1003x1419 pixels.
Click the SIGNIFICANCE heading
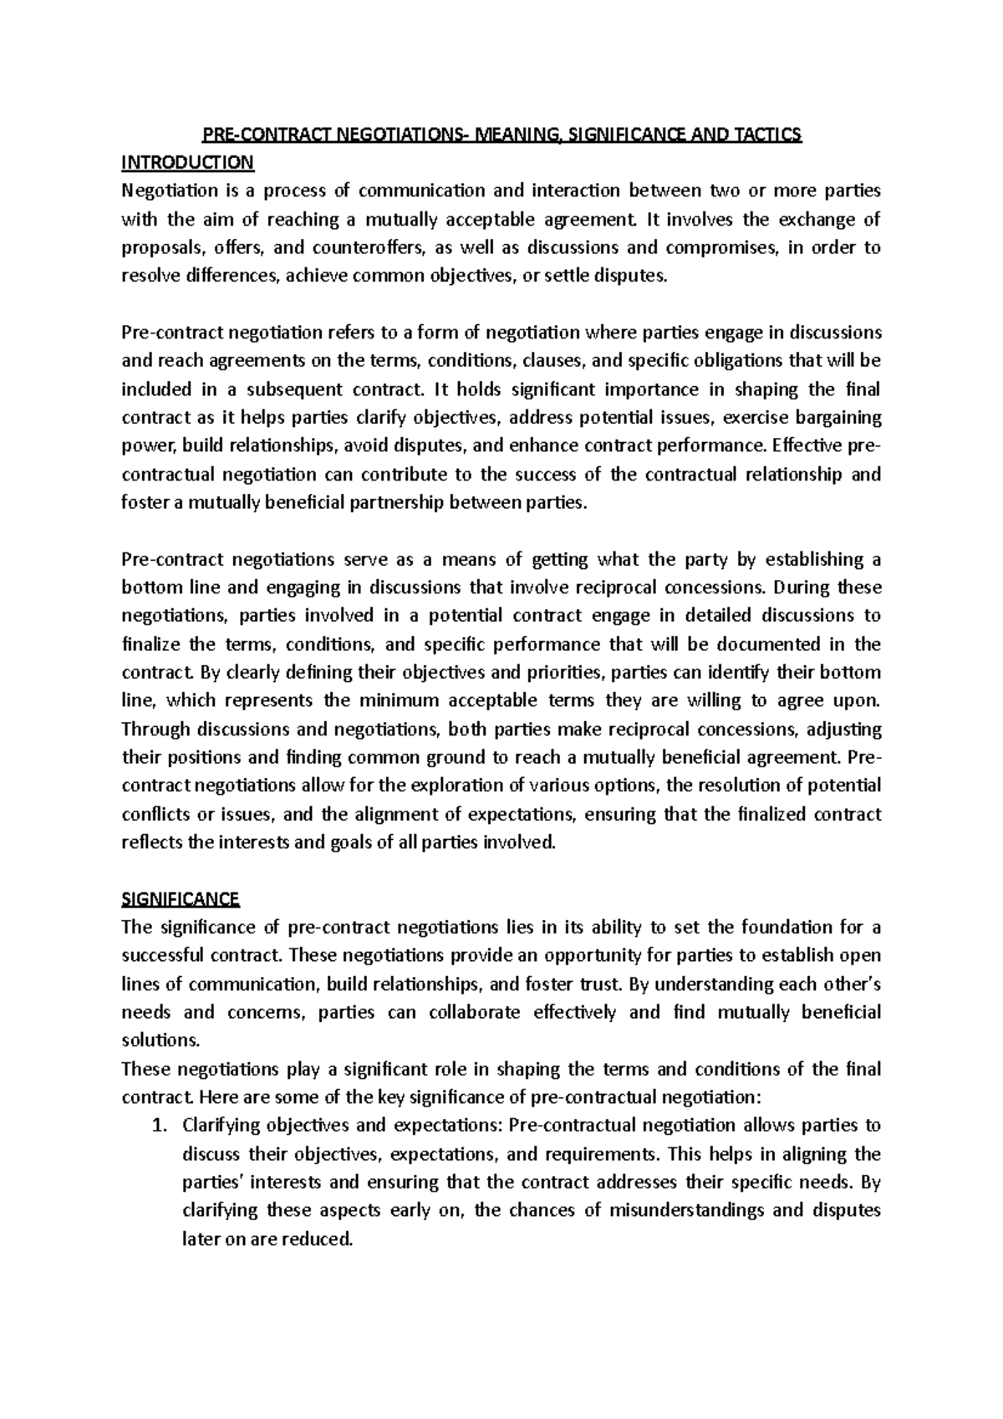tap(181, 899)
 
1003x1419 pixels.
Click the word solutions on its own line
tap(160, 1040)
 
